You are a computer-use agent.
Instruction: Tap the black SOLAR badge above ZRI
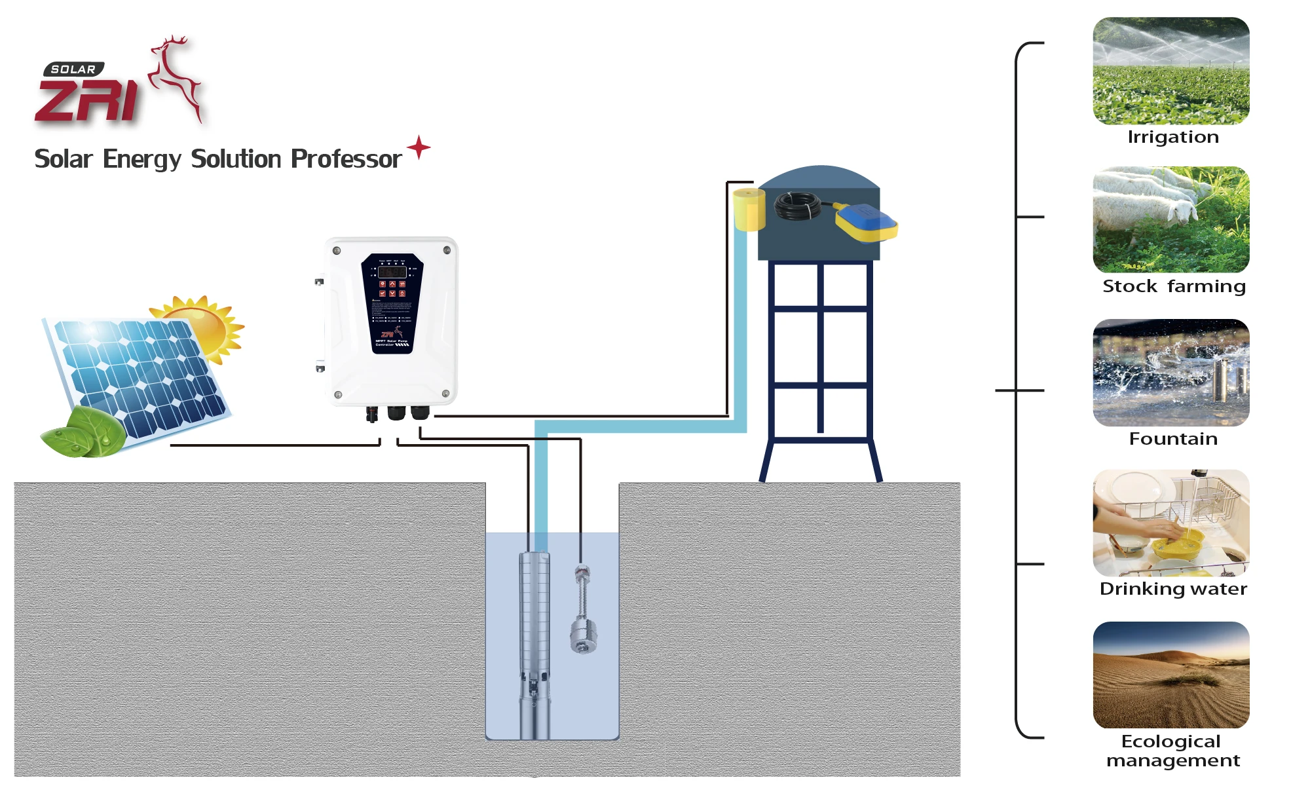[73, 69]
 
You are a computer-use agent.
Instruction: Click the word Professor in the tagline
[346, 159]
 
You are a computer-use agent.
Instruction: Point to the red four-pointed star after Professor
[419, 147]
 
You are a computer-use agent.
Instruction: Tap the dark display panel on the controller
[392, 303]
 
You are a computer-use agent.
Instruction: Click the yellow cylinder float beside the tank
[749, 209]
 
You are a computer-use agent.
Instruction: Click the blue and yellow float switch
[865, 221]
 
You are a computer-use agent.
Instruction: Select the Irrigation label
[1173, 137]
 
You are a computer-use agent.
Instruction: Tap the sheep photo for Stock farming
[1171, 219]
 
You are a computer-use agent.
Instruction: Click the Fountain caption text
[1173, 439]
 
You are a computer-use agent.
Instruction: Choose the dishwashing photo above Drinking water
[1171, 523]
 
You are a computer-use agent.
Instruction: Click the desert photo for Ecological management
[1171, 675]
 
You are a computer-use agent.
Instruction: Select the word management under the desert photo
[1173, 760]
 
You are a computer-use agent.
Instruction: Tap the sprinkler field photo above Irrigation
[1171, 71]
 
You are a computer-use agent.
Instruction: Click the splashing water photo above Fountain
[1171, 372]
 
